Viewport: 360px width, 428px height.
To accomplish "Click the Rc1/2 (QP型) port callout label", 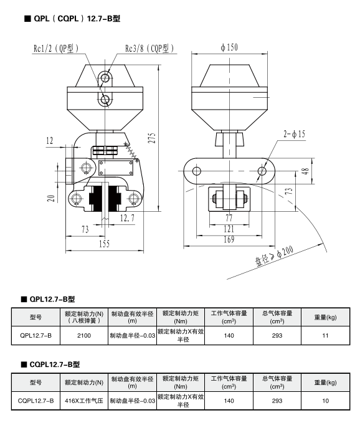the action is click(x=56, y=49).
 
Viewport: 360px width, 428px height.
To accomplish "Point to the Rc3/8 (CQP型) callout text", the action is click(x=149, y=49).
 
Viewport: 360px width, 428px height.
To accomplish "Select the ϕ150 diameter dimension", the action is click(x=229, y=47).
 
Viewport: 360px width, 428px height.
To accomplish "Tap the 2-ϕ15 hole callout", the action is click(x=294, y=134).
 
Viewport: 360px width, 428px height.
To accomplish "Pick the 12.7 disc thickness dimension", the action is click(x=127, y=218).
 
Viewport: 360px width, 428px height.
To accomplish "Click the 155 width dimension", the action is click(x=104, y=244).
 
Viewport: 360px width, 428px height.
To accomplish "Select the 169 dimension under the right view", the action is click(x=229, y=239).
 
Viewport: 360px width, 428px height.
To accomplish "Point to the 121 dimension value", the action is click(x=229, y=229).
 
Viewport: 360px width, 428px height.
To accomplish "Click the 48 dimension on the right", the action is click(x=306, y=171).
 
